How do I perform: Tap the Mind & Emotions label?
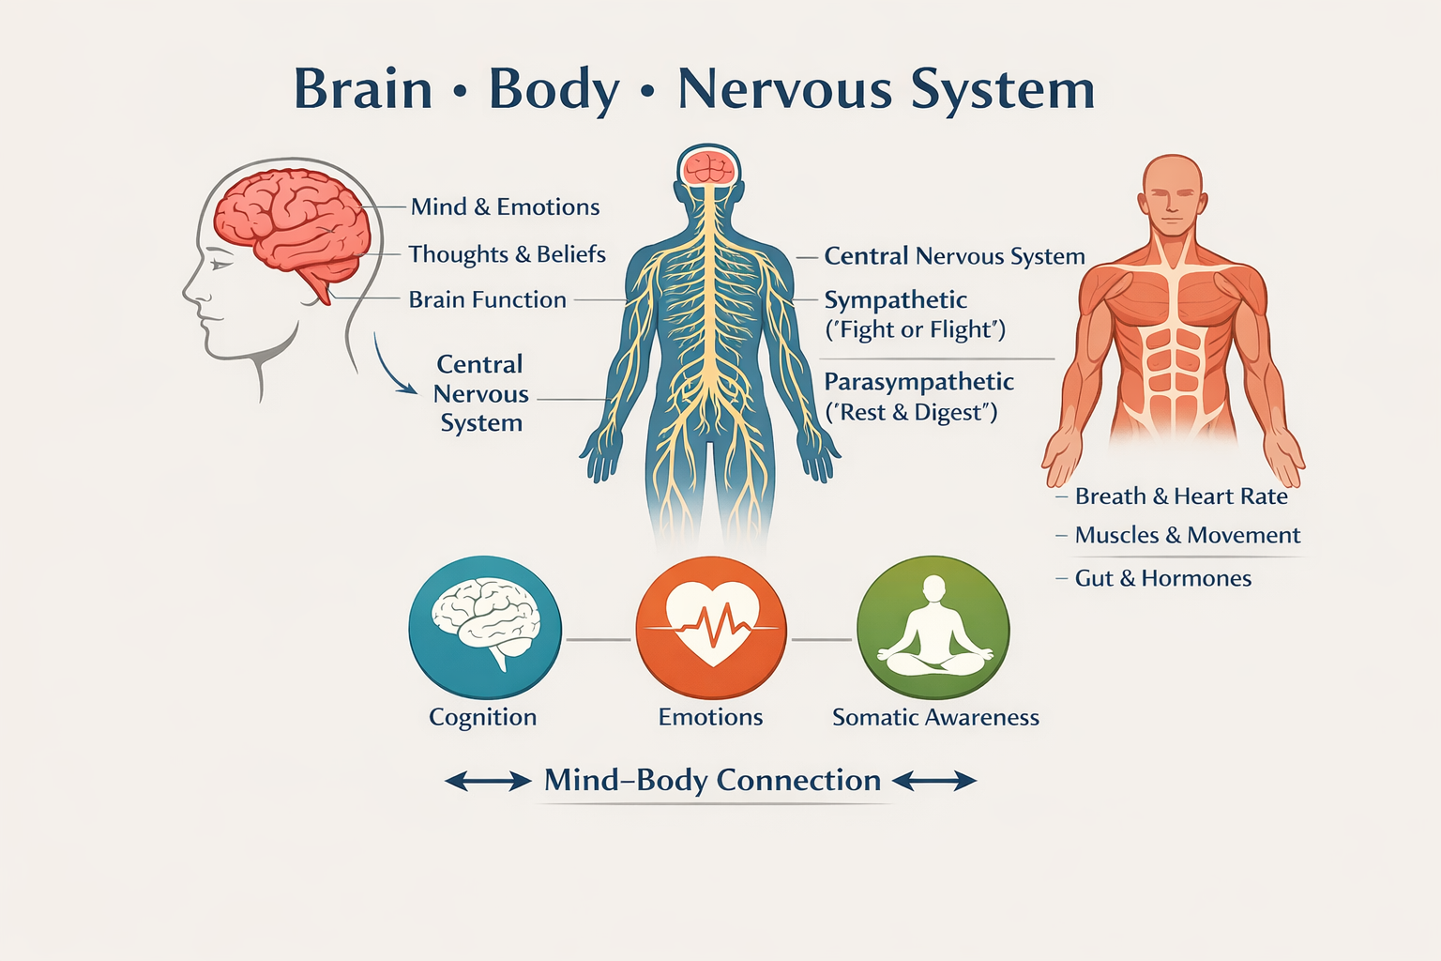(505, 207)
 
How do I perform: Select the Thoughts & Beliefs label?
(507, 254)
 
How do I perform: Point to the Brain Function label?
(487, 300)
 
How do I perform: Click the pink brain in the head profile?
(291, 221)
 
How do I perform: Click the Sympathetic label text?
(895, 300)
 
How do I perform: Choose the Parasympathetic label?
(918, 382)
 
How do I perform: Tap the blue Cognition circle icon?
(485, 628)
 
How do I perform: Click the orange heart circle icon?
(711, 628)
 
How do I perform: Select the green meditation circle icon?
(933, 628)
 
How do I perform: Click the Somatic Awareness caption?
(935, 718)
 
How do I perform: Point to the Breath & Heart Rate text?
(1181, 496)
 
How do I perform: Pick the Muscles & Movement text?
(1187, 536)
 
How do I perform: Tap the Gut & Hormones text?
(1162, 578)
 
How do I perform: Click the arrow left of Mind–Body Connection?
(487, 781)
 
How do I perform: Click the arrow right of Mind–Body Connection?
(934, 781)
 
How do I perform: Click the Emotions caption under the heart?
(710, 718)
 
